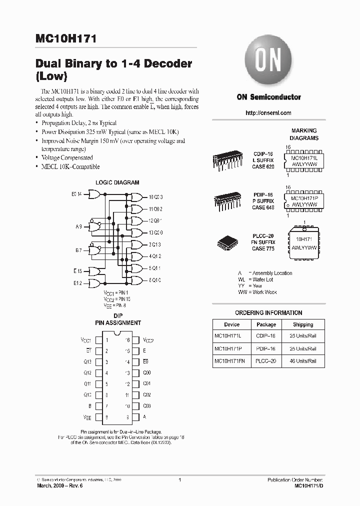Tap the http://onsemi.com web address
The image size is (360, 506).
tap(268, 113)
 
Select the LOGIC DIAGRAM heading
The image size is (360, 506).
tap(117, 182)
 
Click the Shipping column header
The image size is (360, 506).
tap(303, 324)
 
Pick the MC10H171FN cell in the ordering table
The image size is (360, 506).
tap(231, 360)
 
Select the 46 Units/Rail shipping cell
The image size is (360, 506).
tap(303, 360)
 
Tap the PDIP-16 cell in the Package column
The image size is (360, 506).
tap(266, 348)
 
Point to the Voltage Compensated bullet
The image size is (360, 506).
tap(67, 157)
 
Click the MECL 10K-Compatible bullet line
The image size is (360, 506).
tap(70, 166)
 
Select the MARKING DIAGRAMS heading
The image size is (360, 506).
tap(304, 134)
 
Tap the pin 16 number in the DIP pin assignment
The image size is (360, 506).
tap(128, 339)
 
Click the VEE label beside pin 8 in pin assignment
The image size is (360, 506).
tap(87, 417)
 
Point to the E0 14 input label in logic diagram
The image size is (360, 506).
tap(77, 193)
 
